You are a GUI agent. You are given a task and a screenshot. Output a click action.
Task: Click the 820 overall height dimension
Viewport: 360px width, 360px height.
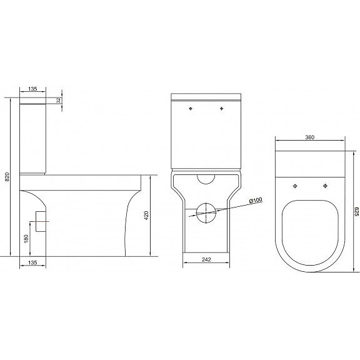tap(7, 176)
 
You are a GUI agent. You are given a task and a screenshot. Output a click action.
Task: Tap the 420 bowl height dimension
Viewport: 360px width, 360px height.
tap(146, 216)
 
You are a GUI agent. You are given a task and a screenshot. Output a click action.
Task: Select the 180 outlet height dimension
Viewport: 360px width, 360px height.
tap(26, 239)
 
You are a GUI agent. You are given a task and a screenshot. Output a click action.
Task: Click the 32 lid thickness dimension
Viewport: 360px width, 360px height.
tap(59, 101)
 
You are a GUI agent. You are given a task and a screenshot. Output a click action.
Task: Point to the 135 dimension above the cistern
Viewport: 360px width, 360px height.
tap(32, 89)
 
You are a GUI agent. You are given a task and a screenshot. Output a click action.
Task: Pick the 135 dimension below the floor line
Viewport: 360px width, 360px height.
tap(32, 262)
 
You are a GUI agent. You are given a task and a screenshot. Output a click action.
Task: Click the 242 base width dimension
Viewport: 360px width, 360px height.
tap(206, 259)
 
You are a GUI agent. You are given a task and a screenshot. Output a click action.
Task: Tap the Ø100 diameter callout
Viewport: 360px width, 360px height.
tap(256, 200)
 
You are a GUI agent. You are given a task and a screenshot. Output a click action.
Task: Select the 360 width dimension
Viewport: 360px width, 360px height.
tap(310, 137)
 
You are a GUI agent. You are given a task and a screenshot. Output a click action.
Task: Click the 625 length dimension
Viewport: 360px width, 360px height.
tap(356, 211)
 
